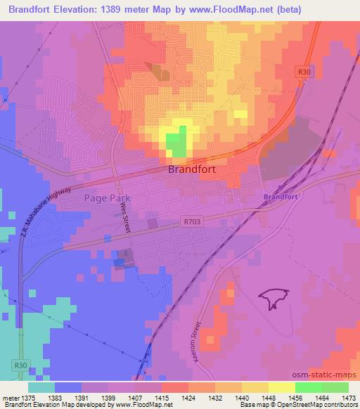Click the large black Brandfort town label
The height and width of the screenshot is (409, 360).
point(191,169)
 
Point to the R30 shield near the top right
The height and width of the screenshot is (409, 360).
point(304,71)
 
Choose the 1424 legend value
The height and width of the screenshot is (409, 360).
point(188,397)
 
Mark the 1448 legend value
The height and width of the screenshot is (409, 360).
point(269,397)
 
